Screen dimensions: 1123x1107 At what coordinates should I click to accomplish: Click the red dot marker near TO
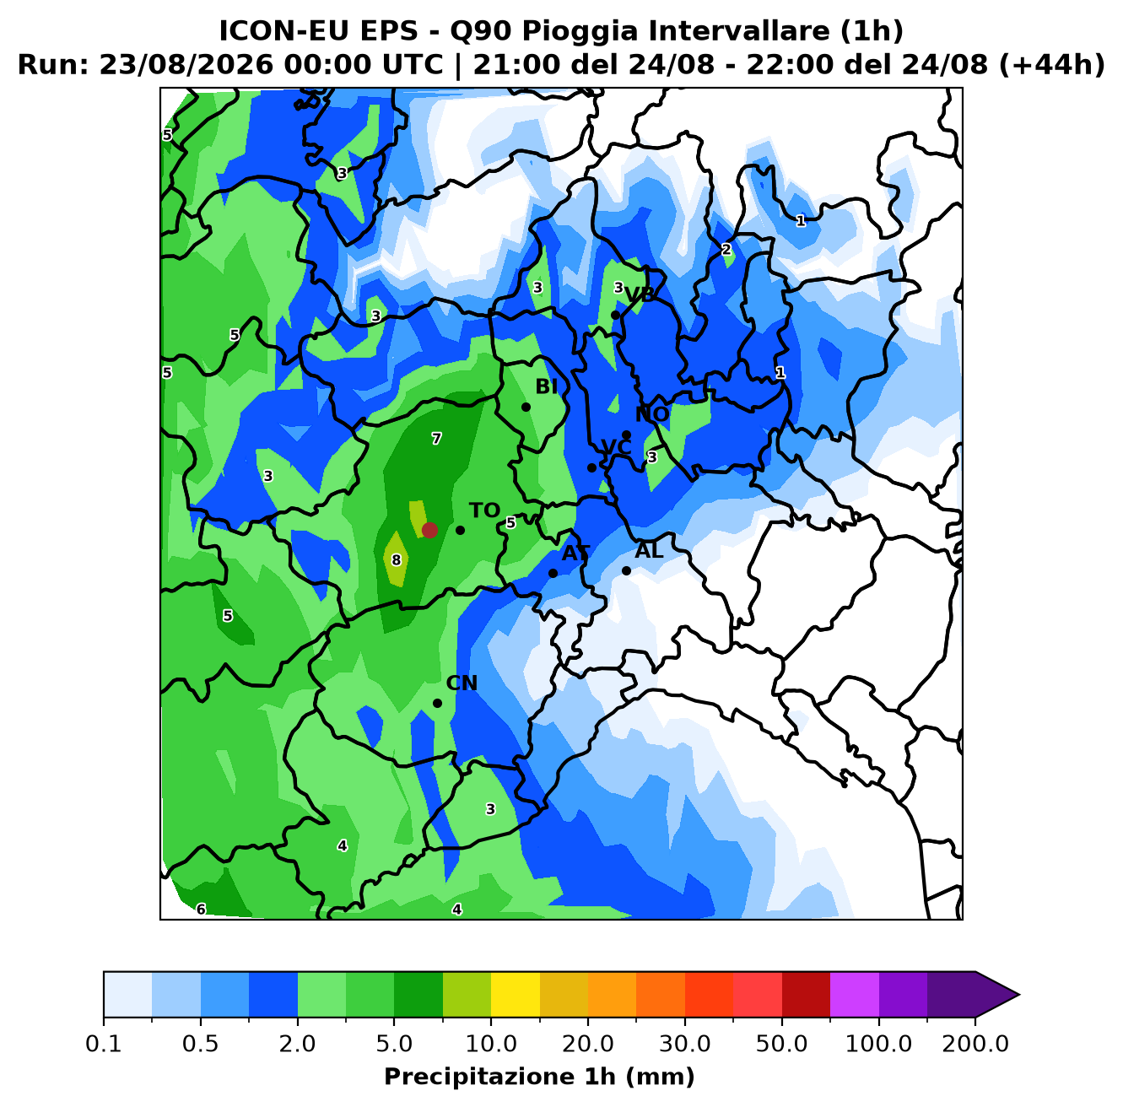tap(429, 530)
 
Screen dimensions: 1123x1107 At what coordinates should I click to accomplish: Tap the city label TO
tap(485, 510)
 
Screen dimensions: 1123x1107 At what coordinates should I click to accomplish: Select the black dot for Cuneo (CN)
tap(437, 703)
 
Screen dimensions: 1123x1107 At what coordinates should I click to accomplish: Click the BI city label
tap(547, 386)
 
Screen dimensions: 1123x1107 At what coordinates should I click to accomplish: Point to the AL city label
tap(649, 550)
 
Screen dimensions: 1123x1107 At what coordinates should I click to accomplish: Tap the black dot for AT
tap(553, 573)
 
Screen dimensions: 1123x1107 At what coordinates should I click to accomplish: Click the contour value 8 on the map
tap(397, 560)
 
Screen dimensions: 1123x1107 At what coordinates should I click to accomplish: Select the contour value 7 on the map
tap(436, 439)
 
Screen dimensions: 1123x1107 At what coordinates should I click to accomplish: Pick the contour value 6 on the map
tap(201, 909)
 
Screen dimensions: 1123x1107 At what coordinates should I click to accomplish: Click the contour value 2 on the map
tap(726, 250)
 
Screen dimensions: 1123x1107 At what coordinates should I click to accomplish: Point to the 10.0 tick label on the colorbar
tap(491, 1043)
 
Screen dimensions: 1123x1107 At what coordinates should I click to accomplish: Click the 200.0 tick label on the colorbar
tap(975, 1043)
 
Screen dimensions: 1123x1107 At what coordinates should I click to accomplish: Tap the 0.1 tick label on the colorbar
tap(104, 1043)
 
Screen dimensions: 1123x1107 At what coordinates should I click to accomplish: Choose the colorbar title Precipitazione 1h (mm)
tap(539, 1076)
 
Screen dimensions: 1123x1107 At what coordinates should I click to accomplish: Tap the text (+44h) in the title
tap(1052, 64)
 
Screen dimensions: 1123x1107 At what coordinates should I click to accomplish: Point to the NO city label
tap(652, 414)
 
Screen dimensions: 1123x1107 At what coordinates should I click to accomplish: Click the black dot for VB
tap(615, 316)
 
